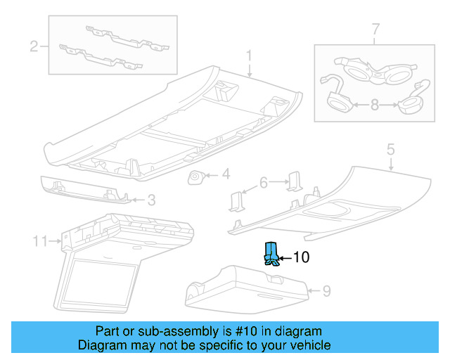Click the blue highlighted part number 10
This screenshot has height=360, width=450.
270,254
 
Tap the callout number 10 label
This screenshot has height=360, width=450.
300,258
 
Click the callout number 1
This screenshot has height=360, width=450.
249,56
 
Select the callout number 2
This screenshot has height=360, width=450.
33,47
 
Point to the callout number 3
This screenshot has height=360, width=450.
150,200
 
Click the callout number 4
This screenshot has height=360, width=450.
226,174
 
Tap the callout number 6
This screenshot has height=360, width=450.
264,182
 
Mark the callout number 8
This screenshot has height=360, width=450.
374,105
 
